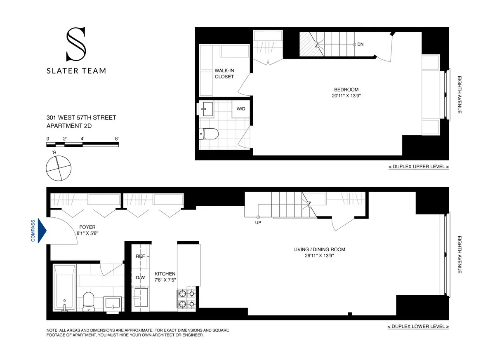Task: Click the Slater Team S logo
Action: coord(76,44)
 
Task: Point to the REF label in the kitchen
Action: coord(140,256)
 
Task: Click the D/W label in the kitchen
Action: coord(140,278)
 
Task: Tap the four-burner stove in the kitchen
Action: coord(186,299)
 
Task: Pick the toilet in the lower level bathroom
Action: coord(89,301)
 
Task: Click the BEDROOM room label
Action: coord(346,89)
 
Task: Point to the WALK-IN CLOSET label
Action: coord(224,73)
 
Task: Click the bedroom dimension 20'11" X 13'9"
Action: coord(346,96)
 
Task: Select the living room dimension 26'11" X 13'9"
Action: coord(319,256)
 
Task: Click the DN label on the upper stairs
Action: coord(360,44)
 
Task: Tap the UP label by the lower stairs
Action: coord(258,223)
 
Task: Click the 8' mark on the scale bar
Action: coord(117,139)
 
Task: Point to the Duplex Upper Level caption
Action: coord(418,167)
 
